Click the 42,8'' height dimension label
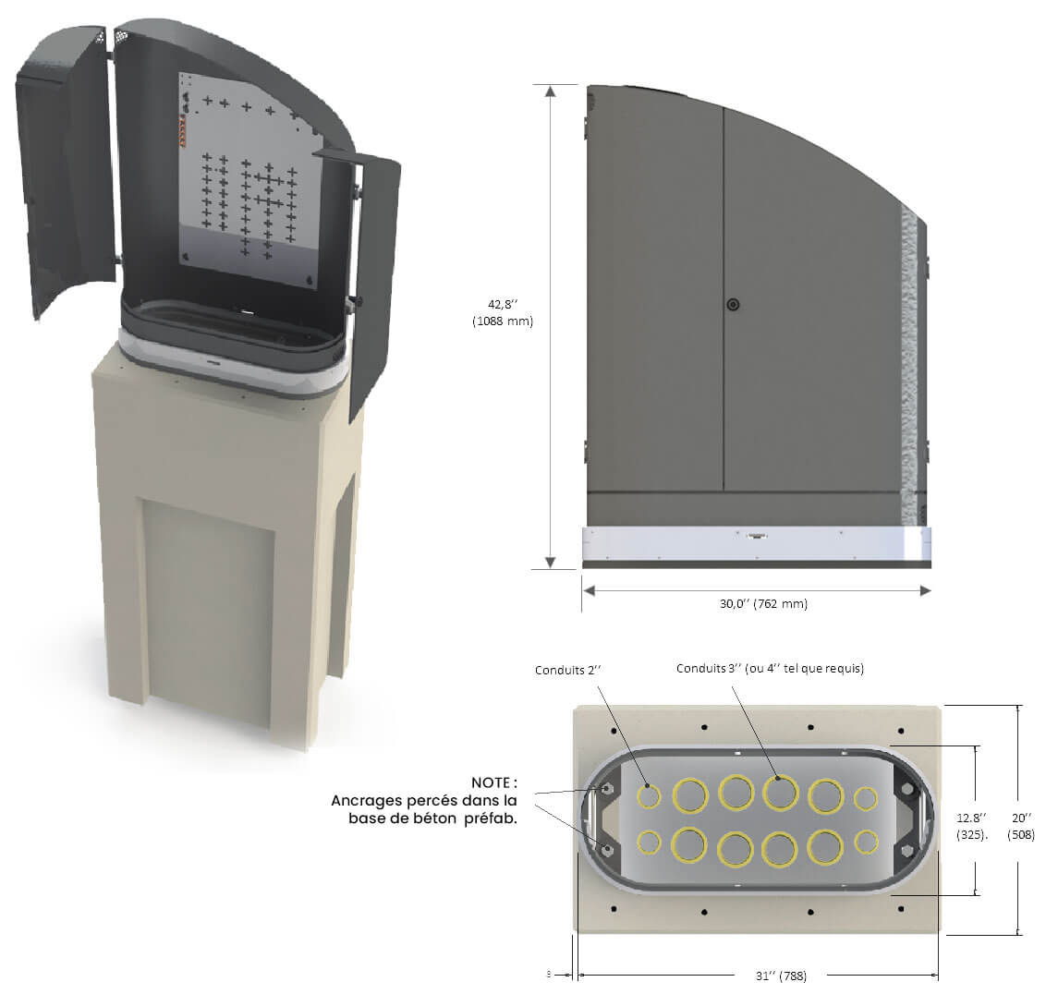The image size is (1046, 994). tap(503, 312)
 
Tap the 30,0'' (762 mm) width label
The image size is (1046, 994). tap(763, 604)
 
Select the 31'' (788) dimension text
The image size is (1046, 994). tap(781, 976)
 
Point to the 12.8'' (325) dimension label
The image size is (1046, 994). tap(972, 826)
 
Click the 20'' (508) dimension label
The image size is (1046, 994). tap(1021, 826)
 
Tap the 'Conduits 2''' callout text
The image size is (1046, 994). tap(567, 671)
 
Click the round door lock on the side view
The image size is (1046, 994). tap(733, 305)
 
